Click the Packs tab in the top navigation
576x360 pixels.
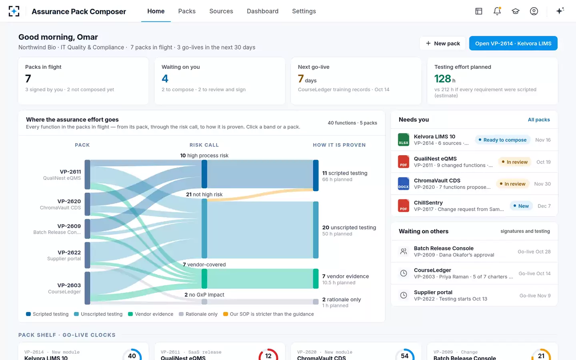coord(187,11)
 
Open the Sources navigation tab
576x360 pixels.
coord(221,11)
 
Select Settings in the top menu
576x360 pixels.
coord(304,11)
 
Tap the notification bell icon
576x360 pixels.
coord(497,11)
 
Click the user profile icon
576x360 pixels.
coord(534,11)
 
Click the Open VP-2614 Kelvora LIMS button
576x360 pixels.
coord(513,43)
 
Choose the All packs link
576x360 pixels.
coord(539,120)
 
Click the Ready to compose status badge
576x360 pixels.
coord(502,140)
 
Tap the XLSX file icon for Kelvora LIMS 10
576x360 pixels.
coord(404,140)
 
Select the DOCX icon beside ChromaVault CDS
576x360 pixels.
coord(404,184)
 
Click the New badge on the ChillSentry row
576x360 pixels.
coord(521,206)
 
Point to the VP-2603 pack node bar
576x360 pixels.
coord(88,288)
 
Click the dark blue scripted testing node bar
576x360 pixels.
coord(316,175)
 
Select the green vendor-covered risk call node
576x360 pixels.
coord(204,278)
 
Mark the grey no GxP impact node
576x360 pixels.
coord(204,302)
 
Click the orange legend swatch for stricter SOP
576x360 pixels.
coord(226,314)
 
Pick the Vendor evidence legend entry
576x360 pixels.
coord(151,314)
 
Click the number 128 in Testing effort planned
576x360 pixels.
coord(442,79)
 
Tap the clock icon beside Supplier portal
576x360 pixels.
coord(404,295)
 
